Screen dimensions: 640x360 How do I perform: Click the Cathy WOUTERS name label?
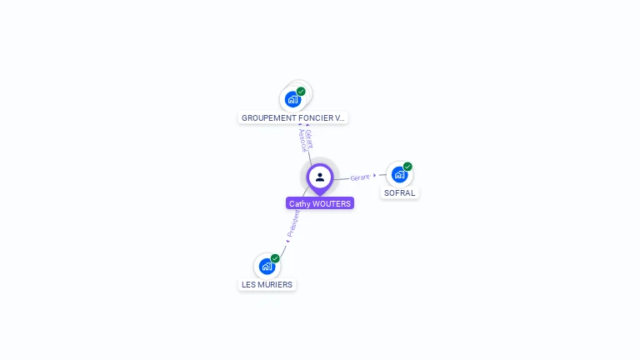[x=320, y=203]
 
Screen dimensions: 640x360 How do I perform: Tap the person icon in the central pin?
[x=320, y=177]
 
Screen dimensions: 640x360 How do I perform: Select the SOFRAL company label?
[x=399, y=192]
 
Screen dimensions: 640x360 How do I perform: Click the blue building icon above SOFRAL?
[x=399, y=175]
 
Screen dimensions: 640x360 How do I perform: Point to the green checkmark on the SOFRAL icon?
[x=407, y=167]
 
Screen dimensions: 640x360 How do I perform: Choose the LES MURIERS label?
[x=267, y=284]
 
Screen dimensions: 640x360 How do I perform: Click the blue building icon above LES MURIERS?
[x=267, y=267]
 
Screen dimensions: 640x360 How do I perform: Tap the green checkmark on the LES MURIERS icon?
[x=275, y=258]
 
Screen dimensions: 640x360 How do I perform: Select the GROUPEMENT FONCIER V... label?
[x=292, y=117]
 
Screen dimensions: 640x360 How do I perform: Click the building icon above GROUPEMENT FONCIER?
[x=292, y=100]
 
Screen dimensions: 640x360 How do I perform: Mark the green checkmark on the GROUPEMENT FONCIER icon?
[x=301, y=92]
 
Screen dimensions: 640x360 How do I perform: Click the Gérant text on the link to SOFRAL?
[x=360, y=177]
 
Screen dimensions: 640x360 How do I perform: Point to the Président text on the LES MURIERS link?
[x=293, y=222]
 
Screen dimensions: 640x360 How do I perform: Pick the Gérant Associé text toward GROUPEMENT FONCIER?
[x=306, y=140]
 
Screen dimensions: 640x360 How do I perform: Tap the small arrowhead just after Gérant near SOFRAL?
[x=375, y=176]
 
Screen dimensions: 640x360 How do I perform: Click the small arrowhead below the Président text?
[x=287, y=241]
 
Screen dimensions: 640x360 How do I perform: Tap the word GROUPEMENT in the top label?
[x=266, y=117]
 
